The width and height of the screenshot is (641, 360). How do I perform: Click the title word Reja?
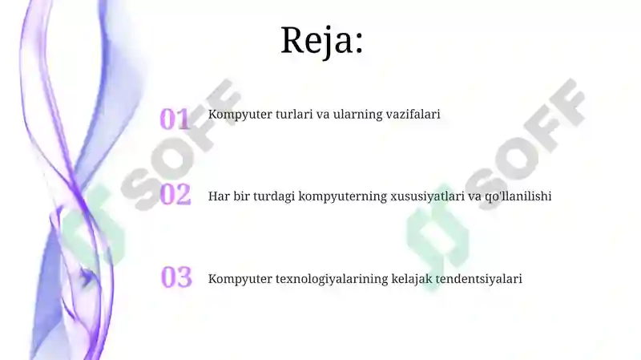(322, 39)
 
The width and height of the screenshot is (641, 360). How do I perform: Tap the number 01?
(175, 119)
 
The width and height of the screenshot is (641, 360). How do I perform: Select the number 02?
(175, 194)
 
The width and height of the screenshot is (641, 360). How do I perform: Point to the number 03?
(176, 277)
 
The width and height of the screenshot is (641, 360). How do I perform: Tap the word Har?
(219, 196)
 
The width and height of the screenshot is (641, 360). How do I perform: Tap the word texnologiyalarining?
(330, 280)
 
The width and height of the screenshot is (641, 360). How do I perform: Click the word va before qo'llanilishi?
(474, 196)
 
